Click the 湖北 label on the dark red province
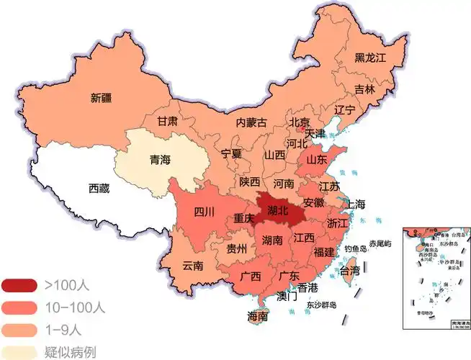point(277,211)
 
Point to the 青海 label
point(160,160)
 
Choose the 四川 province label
point(205,212)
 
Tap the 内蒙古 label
point(251,123)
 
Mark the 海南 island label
point(258,317)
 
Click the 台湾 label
point(349,271)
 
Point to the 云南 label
point(192,265)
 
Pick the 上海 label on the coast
point(356,204)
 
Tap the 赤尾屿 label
point(380,244)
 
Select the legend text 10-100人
point(74,307)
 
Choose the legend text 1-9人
point(65,330)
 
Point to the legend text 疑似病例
point(71,352)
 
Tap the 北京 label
point(300,122)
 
